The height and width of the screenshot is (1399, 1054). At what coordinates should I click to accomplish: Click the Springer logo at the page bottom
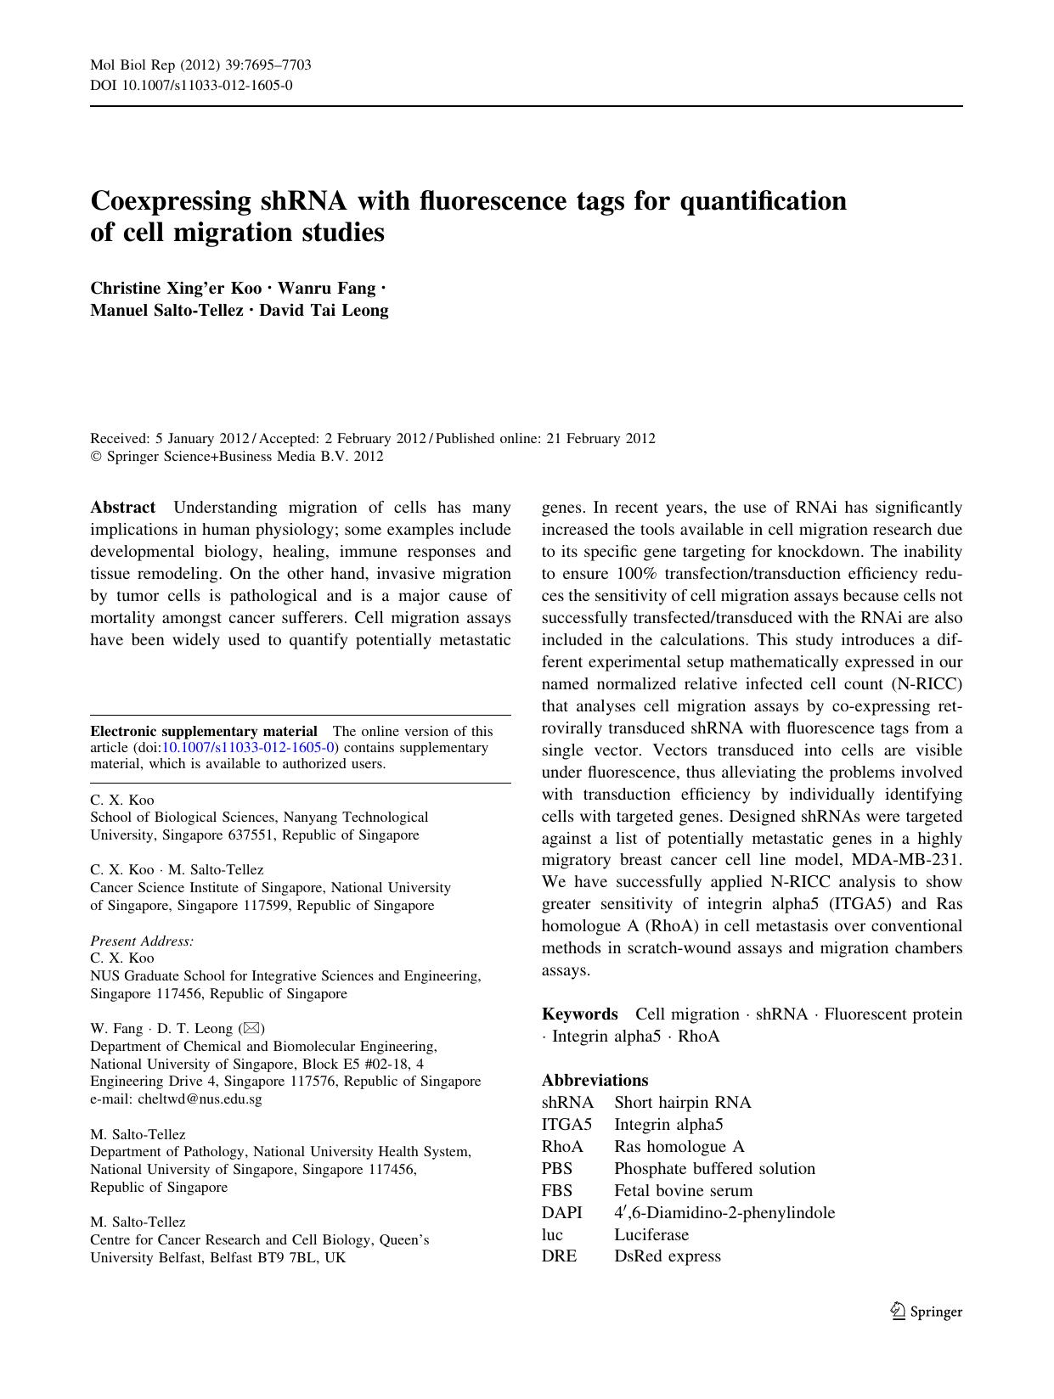[x=926, y=1312]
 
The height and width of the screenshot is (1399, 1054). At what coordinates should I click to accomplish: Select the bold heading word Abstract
[x=123, y=508]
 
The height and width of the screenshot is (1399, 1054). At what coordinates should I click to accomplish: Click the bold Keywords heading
[x=580, y=1014]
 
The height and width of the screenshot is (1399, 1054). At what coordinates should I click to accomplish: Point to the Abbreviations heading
[x=595, y=1080]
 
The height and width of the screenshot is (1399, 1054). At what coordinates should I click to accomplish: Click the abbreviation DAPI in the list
[x=561, y=1212]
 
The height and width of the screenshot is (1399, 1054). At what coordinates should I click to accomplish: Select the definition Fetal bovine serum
[x=683, y=1190]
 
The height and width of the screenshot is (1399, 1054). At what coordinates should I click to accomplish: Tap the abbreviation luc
[x=552, y=1234]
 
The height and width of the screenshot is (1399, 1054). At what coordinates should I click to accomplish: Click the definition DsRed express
[x=667, y=1256]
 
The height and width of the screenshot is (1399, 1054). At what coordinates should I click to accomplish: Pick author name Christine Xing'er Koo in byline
[x=176, y=289]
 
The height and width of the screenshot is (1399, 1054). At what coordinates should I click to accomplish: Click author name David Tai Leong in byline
[x=324, y=311]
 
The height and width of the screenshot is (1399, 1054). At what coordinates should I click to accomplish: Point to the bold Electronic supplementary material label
[x=204, y=731]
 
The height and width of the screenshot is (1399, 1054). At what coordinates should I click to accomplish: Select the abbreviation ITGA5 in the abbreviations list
[x=566, y=1124]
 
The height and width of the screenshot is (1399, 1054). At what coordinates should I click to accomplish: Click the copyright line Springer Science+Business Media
[x=237, y=457]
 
